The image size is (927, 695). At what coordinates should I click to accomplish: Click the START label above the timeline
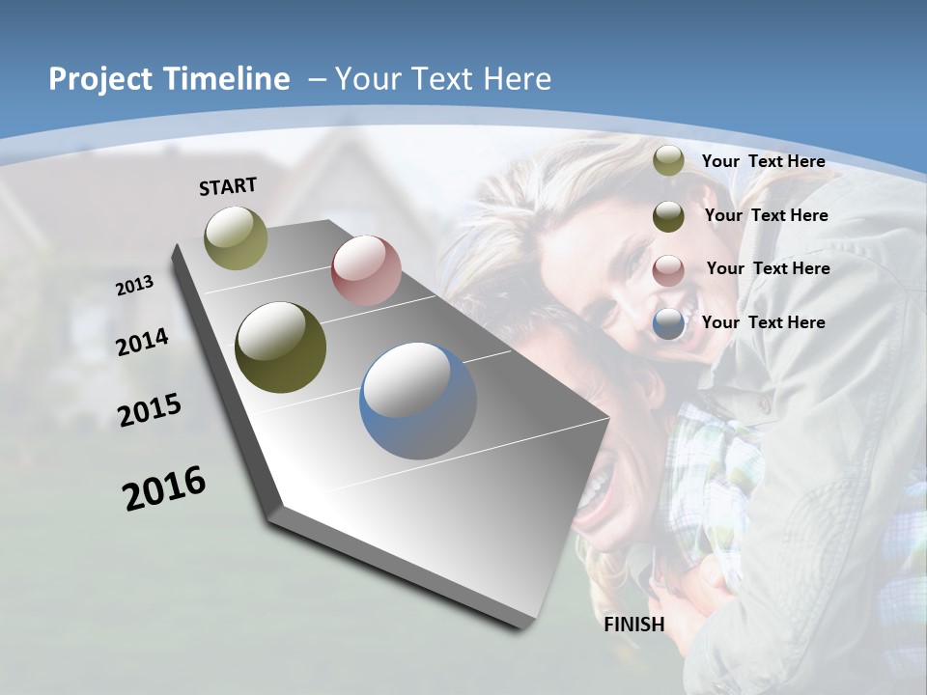click(x=228, y=186)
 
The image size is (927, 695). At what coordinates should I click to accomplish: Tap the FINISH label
click(x=634, y=625)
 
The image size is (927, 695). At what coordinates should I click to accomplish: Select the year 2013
click(x=135, y=286)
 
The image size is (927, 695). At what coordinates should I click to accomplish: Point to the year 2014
click(x=143, y=342)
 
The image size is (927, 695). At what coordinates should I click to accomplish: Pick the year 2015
click(x=150, y=410)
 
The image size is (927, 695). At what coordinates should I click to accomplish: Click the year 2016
click(x=164, y=488)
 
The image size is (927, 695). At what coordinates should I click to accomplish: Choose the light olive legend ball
click(x=668, y=161)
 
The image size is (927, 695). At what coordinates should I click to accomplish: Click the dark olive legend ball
click(x=668, y=215)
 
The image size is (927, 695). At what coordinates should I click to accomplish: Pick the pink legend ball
click(x=668, y=269)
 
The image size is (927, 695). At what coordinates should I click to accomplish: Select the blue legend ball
click(x=668, y=324)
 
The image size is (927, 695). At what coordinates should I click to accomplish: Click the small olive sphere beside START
click(x=237, y=237)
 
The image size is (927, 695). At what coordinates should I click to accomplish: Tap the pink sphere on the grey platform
click(x=366, y=270)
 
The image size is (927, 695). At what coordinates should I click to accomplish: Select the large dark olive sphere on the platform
click(x=281, y=347)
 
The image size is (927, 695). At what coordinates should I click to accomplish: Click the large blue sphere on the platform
click(x=418, y=401)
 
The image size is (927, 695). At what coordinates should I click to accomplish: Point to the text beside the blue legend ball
click(x=764, y=322)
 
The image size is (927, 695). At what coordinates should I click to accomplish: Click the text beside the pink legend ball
click(x=768, y=268)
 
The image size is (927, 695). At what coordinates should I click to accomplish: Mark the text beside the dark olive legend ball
click(x=766, y=215)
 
